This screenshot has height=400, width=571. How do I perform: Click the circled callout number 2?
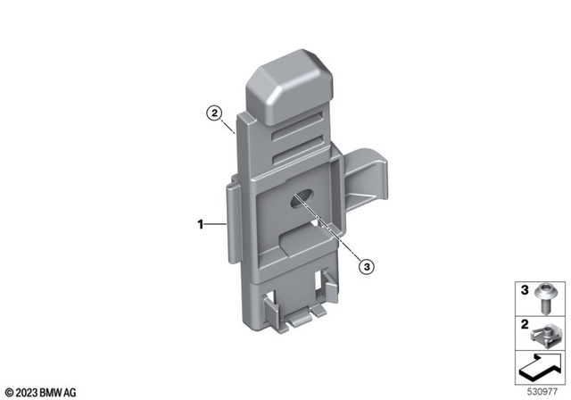(x=214, y=113)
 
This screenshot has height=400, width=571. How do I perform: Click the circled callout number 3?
(x=365, y=265)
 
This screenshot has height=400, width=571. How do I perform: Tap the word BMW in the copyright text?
(x=58, y=391)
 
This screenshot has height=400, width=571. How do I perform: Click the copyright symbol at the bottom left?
(x=9, y=391)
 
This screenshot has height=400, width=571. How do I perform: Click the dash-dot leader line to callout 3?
(x=335, y=236)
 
